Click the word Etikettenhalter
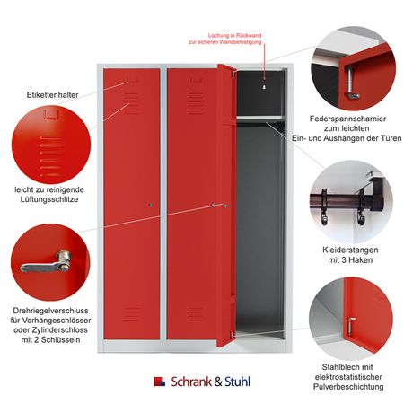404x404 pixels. (52, 95)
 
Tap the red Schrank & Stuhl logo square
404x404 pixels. (159, 381)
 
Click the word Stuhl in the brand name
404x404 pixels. (237, 382)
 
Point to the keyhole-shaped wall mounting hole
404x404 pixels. (264, 87)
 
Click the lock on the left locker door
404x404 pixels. (151, 205)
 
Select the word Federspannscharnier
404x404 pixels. (347, 119)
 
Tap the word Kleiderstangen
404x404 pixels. (350, 250)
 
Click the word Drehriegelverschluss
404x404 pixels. (50, 311)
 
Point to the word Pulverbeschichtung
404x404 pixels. (348, 387)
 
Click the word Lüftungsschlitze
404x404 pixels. (49, 199)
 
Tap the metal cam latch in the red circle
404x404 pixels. (46, 263)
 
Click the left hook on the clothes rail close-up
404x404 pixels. (324, 206)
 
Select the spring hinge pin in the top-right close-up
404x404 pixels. (350, 83)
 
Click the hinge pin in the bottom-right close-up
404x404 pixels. (351, 326)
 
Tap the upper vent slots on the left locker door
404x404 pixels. (131, 103)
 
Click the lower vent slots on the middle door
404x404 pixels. (195, 313)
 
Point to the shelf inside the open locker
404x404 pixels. (259, 118)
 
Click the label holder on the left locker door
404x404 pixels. (132, 80)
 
